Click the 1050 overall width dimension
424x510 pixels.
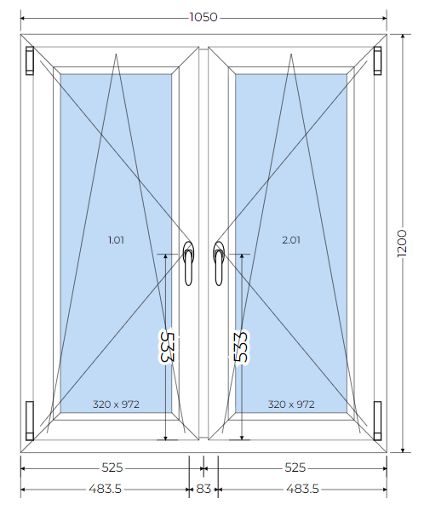203,17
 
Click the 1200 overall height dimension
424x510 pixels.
402,244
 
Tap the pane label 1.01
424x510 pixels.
116,240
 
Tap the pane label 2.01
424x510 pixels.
291,240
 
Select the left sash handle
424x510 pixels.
189,263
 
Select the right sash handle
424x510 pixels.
219,263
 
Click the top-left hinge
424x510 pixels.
30,60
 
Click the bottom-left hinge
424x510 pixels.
30,421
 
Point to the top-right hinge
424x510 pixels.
377,60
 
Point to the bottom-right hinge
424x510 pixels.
377,421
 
